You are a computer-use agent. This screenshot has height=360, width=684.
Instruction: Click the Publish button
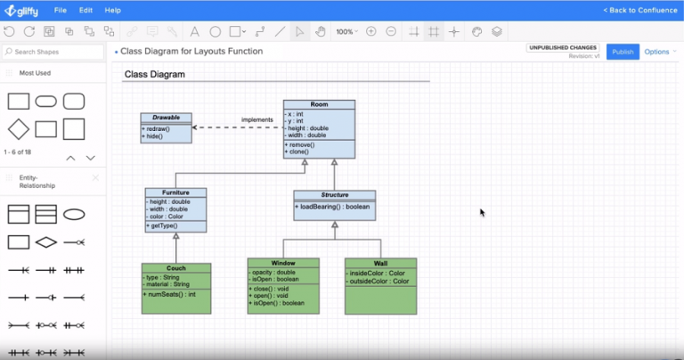coord(623,52)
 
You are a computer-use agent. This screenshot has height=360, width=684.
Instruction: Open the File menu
coord(61,10)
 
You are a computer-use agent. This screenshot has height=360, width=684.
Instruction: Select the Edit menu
coord(85,10)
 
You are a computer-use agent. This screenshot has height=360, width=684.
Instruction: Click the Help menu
coord(113,10)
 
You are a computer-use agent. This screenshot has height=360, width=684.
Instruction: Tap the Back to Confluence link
coord(639,10)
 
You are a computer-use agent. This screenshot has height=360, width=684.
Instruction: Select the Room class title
coord(319,104)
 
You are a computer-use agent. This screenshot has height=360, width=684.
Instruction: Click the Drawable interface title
coord(166,118)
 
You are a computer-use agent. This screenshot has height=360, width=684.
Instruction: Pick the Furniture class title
coord(175,192)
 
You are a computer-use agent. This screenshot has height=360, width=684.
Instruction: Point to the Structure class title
coord(334,194)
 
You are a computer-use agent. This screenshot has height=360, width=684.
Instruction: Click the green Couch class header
coord(176,267)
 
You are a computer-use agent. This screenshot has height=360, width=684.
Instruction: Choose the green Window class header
coord(283,263)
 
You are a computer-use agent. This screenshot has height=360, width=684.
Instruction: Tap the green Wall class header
coord(380,263)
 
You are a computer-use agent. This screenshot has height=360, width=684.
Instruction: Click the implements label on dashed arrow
coord(256,119)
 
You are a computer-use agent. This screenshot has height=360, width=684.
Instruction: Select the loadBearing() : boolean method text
coord(335,207)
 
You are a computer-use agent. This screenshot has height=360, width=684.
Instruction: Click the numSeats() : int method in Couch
coord(169,294)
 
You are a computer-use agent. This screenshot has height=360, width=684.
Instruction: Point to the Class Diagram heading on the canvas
coord(154,75)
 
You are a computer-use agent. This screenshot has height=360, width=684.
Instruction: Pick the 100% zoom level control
coord(346,31)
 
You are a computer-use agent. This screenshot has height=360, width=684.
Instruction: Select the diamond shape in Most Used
coord(19,129)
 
